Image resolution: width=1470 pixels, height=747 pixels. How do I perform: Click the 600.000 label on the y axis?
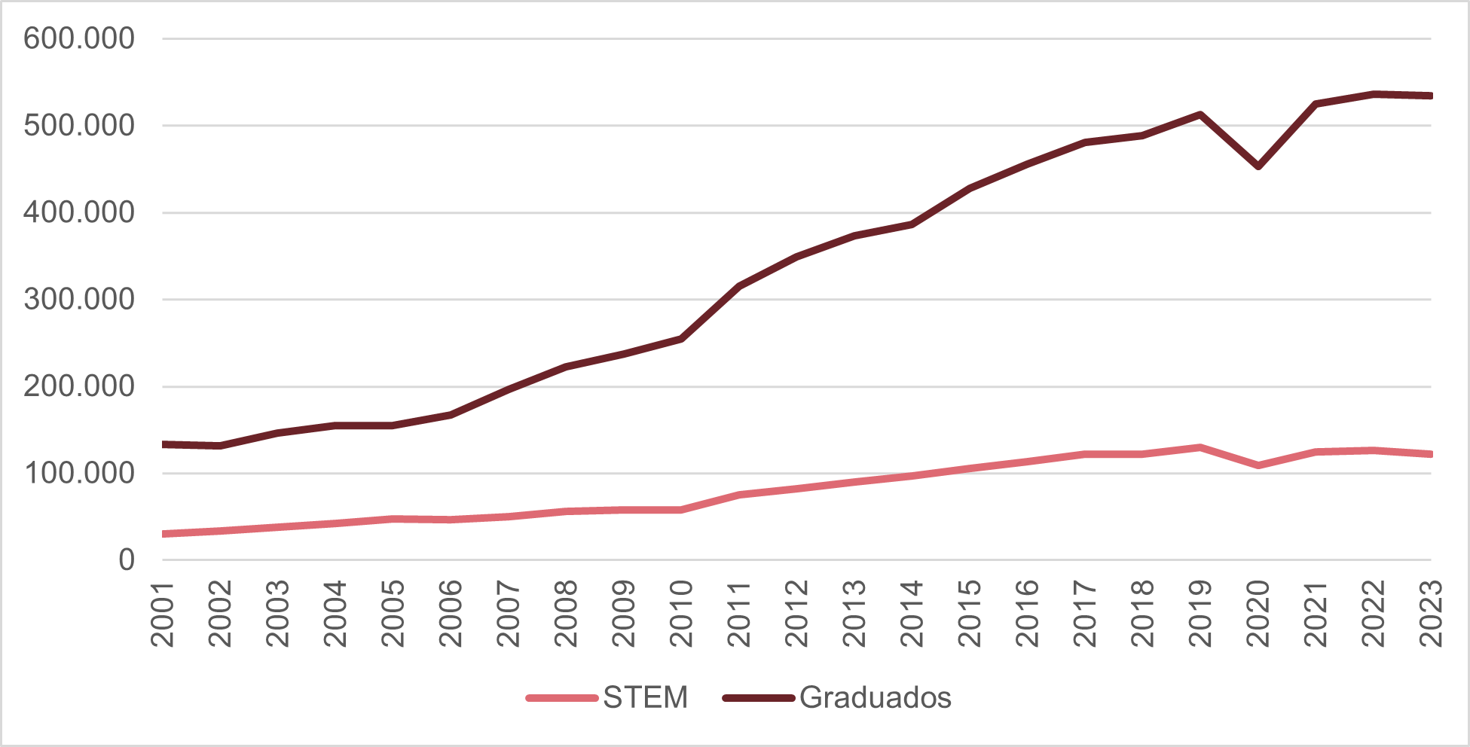click(78, 38)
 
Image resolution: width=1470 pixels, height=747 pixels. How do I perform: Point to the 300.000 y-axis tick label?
click(78, 300)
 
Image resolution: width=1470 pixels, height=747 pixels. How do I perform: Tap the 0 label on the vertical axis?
click(126, 560)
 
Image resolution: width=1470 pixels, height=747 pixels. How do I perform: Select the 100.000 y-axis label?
click(78, 474)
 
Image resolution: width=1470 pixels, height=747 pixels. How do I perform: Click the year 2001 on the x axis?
click(163, 614)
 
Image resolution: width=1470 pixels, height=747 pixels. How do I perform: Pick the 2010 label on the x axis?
click(681, 614)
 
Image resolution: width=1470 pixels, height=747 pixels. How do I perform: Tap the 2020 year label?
click(1258, 614)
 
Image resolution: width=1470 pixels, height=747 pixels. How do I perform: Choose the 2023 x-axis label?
click(1431, 614)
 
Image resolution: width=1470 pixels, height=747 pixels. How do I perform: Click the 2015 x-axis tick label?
click(970, 614)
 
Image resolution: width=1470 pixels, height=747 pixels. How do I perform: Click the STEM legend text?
click(645, 698)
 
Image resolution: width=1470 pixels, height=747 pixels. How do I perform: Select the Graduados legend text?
click(875, 698)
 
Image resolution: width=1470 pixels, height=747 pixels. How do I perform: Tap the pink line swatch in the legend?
click(562, 698)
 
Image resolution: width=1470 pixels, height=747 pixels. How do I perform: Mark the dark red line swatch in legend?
click(759, 698)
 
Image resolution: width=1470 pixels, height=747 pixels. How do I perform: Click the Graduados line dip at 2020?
click(1258, 166)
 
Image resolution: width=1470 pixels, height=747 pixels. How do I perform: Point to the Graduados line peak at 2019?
click(1200, 114)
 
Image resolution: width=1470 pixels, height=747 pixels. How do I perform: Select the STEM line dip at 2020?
click(1258, 465)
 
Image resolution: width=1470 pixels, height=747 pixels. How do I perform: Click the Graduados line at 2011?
click(739, 286)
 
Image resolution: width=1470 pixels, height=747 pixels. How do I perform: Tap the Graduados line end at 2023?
click(1429, 96)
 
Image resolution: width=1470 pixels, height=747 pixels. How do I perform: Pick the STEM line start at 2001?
click(164, 534)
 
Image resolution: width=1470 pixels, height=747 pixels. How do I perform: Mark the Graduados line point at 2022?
click(1374, 94)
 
